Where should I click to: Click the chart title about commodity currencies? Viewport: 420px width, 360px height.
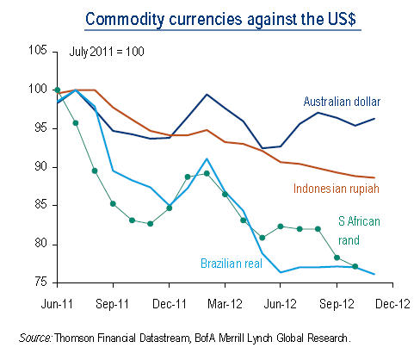(x=209, y=18)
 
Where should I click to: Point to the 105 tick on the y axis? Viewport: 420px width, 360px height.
(x=37, y=51)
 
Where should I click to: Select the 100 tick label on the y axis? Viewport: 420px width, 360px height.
(x=37, y=90)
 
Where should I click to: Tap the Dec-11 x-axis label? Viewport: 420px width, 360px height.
(x=170, y=303)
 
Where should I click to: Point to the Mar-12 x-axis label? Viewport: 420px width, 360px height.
(x=227, y=303)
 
